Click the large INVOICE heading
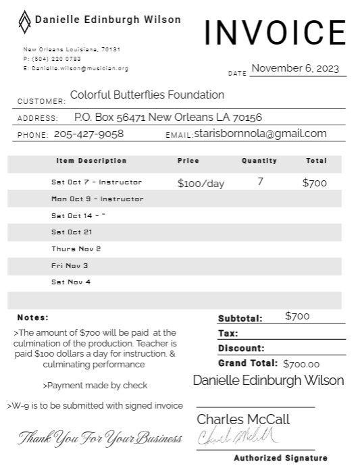tap(275, 32)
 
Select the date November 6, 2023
tap(294, 68)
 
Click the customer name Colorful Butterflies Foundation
tap(147, 95)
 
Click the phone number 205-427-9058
tap(88, 134)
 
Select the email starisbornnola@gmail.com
tap(260, 134)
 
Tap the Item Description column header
tap(91, 161)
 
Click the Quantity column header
tap(259, 161)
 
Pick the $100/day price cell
tap(201, 183)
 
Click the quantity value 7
tap(260, 182)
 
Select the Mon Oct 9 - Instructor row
tap(97, 199)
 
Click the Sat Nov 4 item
tap(71, 282)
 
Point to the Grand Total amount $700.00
tap(301, 363)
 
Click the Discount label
tap(241, 348)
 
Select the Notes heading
tap(33, 317)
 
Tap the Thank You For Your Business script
tap(100, 438)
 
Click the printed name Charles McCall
tap(243, 419)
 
